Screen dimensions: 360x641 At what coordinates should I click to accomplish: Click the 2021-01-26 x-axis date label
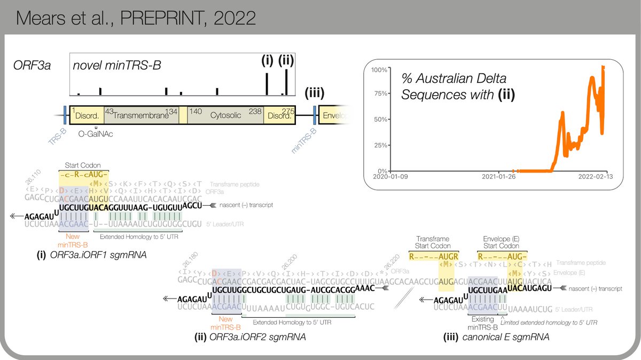(x=498, y=177)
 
